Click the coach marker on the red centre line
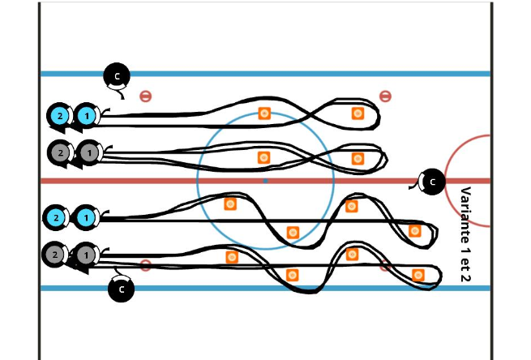pos(433,182)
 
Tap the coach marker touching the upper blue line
pos(117,76)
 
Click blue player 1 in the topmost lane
pos(86,117)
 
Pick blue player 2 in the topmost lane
pos(58,117)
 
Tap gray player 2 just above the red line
pos(59,152)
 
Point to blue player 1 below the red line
pos(85,217)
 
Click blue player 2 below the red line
pos(56,217)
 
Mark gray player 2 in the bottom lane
pos(54,255)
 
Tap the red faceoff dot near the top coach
pos(145,96)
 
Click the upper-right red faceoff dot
pos(385,96)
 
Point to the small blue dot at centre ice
pos(265,180)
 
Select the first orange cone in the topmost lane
pos(264,114)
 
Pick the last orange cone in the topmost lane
pos(358,114)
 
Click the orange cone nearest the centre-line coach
pos(358,158)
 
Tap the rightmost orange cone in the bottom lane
pos(418,275)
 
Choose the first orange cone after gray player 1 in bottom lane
pos(232,257)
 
